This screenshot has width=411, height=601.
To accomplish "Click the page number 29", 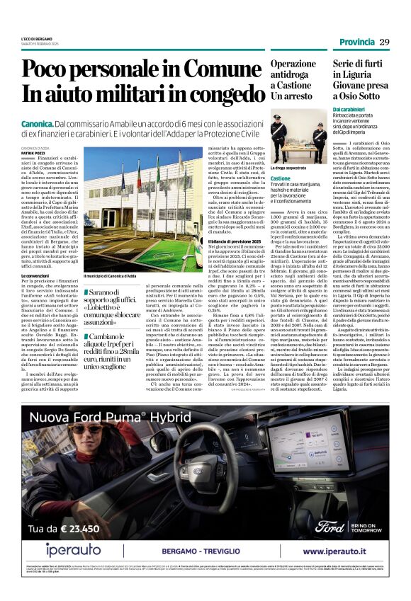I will (x=384, y=42).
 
